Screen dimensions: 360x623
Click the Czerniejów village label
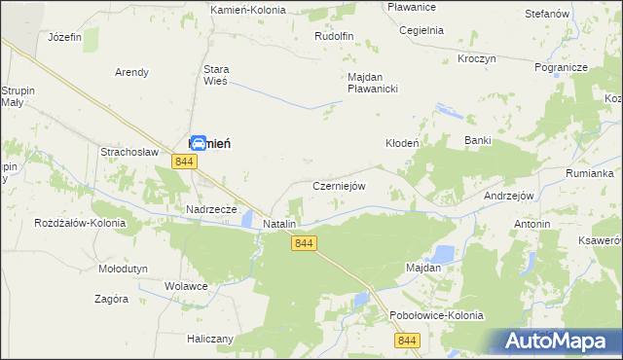point(338,186)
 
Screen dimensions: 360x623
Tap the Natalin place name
point(279,224)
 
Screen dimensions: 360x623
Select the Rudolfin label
point(333,36)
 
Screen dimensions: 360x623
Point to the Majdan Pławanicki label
point(374,83)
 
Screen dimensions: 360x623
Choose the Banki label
point(477,141)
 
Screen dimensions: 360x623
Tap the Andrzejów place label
point(509,196)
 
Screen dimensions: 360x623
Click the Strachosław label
point(129,152)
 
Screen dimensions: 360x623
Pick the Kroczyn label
point(476,58)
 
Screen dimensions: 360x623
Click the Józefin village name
point(64,36)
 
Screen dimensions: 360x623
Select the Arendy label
point(131,72)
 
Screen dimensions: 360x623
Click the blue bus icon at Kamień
point(198,143)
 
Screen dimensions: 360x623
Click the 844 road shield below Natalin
point(304,243)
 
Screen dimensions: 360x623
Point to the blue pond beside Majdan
point(442,255)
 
